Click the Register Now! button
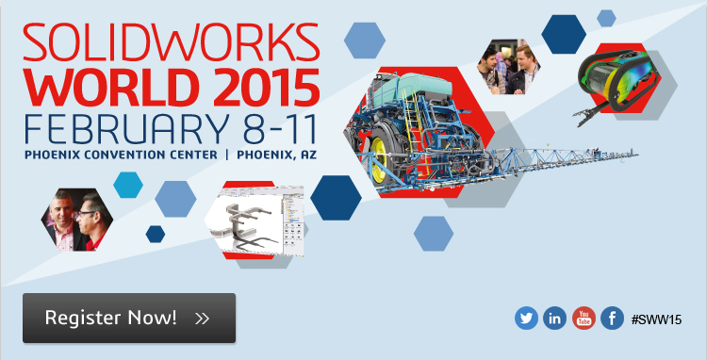pyautogui.click(x=129, y=318)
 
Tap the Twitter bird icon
pyautogui.click(x=526, y=319)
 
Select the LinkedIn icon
pyautogui.click(x=555, y=319)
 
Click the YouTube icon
pyautogui.click(x=584, y=319)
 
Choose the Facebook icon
pyautogui.click(x=613, y=319)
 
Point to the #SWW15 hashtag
pyautogui.click(x=656, y=319)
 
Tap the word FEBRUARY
pyautogui.click(x=113, y=128)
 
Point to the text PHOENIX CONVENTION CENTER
pyautogui.click(x=118, y=154)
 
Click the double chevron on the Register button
pyautogui.click(x=202, y=319)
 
